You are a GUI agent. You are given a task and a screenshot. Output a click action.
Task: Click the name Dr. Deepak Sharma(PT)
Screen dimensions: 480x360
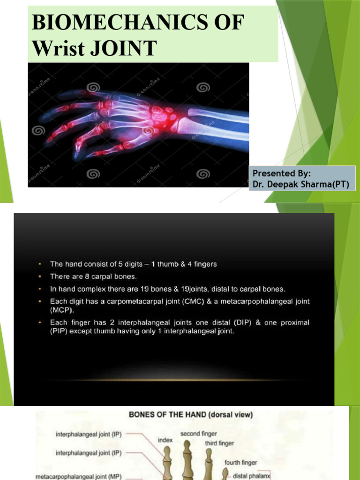click(x=301, y=184)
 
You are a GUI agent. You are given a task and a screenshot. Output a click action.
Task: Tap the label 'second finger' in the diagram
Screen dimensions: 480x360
click(x=198, y=434)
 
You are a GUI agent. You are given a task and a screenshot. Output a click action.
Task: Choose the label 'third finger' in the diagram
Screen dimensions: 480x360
click(x=219, y=443)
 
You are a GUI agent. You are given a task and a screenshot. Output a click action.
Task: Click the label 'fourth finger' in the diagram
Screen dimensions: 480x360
click(x=240, y=463)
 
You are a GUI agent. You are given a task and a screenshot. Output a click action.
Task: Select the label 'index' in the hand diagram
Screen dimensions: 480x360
click(x=165, y=440)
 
